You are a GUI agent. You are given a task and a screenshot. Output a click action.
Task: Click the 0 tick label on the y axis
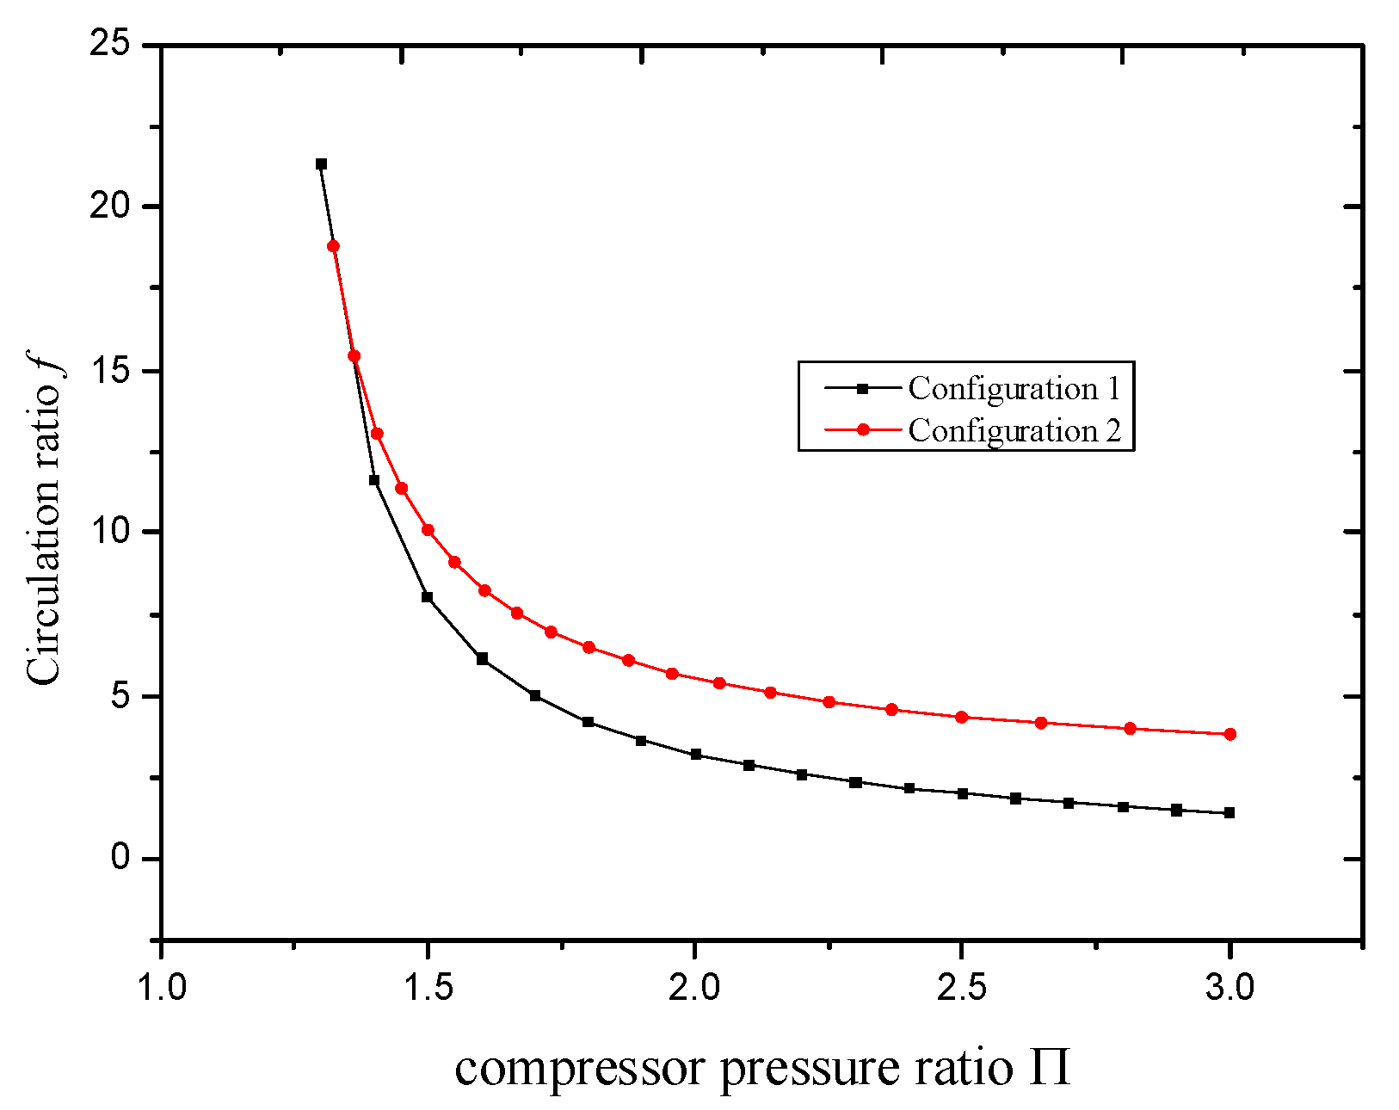click(x=120, y=858)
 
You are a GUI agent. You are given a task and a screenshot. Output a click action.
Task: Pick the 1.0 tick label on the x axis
click(x=161, y=987)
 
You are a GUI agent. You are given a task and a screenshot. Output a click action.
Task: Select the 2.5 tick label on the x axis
click(x=962, y=987)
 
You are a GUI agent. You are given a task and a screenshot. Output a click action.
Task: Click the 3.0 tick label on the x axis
click(x=1230, y=987)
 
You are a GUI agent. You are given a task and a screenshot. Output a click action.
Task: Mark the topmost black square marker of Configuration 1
click(x=321, y=163)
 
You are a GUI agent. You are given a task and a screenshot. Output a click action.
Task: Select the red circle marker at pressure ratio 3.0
click(x=1230, y=734)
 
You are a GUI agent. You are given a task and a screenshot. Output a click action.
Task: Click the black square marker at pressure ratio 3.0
click(x=1230, y=812)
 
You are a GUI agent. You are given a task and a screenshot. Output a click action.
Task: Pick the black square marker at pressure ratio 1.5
click(x=428, y=596)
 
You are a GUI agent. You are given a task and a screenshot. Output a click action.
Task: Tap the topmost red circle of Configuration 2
click(x=333, y=246)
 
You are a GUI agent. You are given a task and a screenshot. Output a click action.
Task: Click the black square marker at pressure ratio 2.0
click(x=695, y=754)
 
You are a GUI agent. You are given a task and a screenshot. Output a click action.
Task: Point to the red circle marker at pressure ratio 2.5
click(x=962, y=717)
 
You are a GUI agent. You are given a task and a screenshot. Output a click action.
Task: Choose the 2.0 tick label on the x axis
click(x=695, y=987)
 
